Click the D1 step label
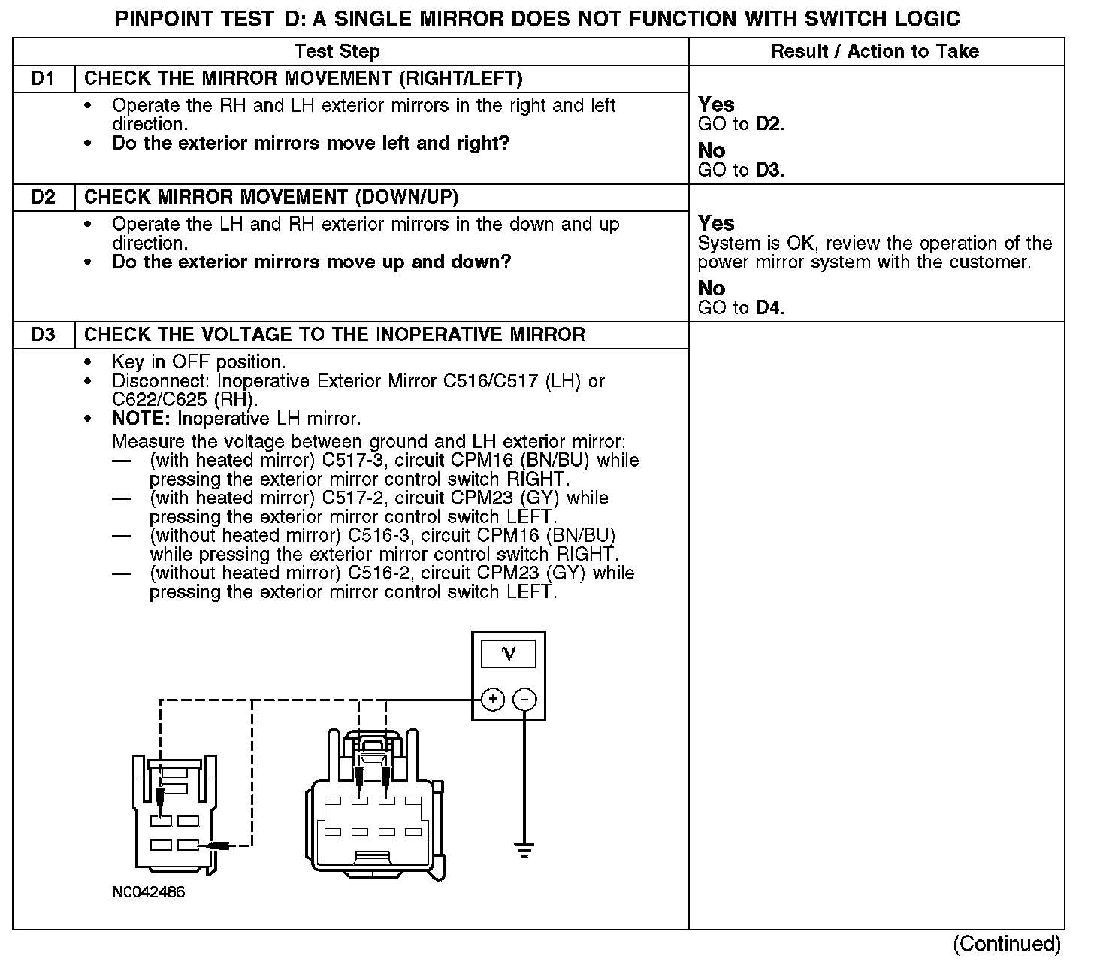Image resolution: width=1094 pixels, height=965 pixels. coord(44,79)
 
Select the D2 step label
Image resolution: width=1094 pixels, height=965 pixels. coord(44,198)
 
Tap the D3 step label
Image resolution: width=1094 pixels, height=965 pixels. coord(44,335)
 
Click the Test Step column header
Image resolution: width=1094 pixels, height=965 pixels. coord(337,52)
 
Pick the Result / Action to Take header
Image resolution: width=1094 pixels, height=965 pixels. coord(875,52)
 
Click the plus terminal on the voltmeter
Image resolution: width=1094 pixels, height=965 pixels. coord(493,700)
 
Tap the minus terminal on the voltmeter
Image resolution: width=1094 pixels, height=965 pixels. coord(524,700)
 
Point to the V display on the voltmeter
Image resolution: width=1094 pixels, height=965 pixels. coord(509,654)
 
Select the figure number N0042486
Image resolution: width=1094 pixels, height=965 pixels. coord(148,893)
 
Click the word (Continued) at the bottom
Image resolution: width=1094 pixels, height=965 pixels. coord(1007,944)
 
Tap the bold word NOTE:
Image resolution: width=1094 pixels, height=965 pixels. coord(142,419)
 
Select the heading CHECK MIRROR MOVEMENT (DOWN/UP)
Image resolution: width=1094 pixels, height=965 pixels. coord(270,198)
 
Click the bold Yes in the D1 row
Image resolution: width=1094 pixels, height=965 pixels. coord(716,105)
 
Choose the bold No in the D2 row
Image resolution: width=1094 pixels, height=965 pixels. coord(711,289)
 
